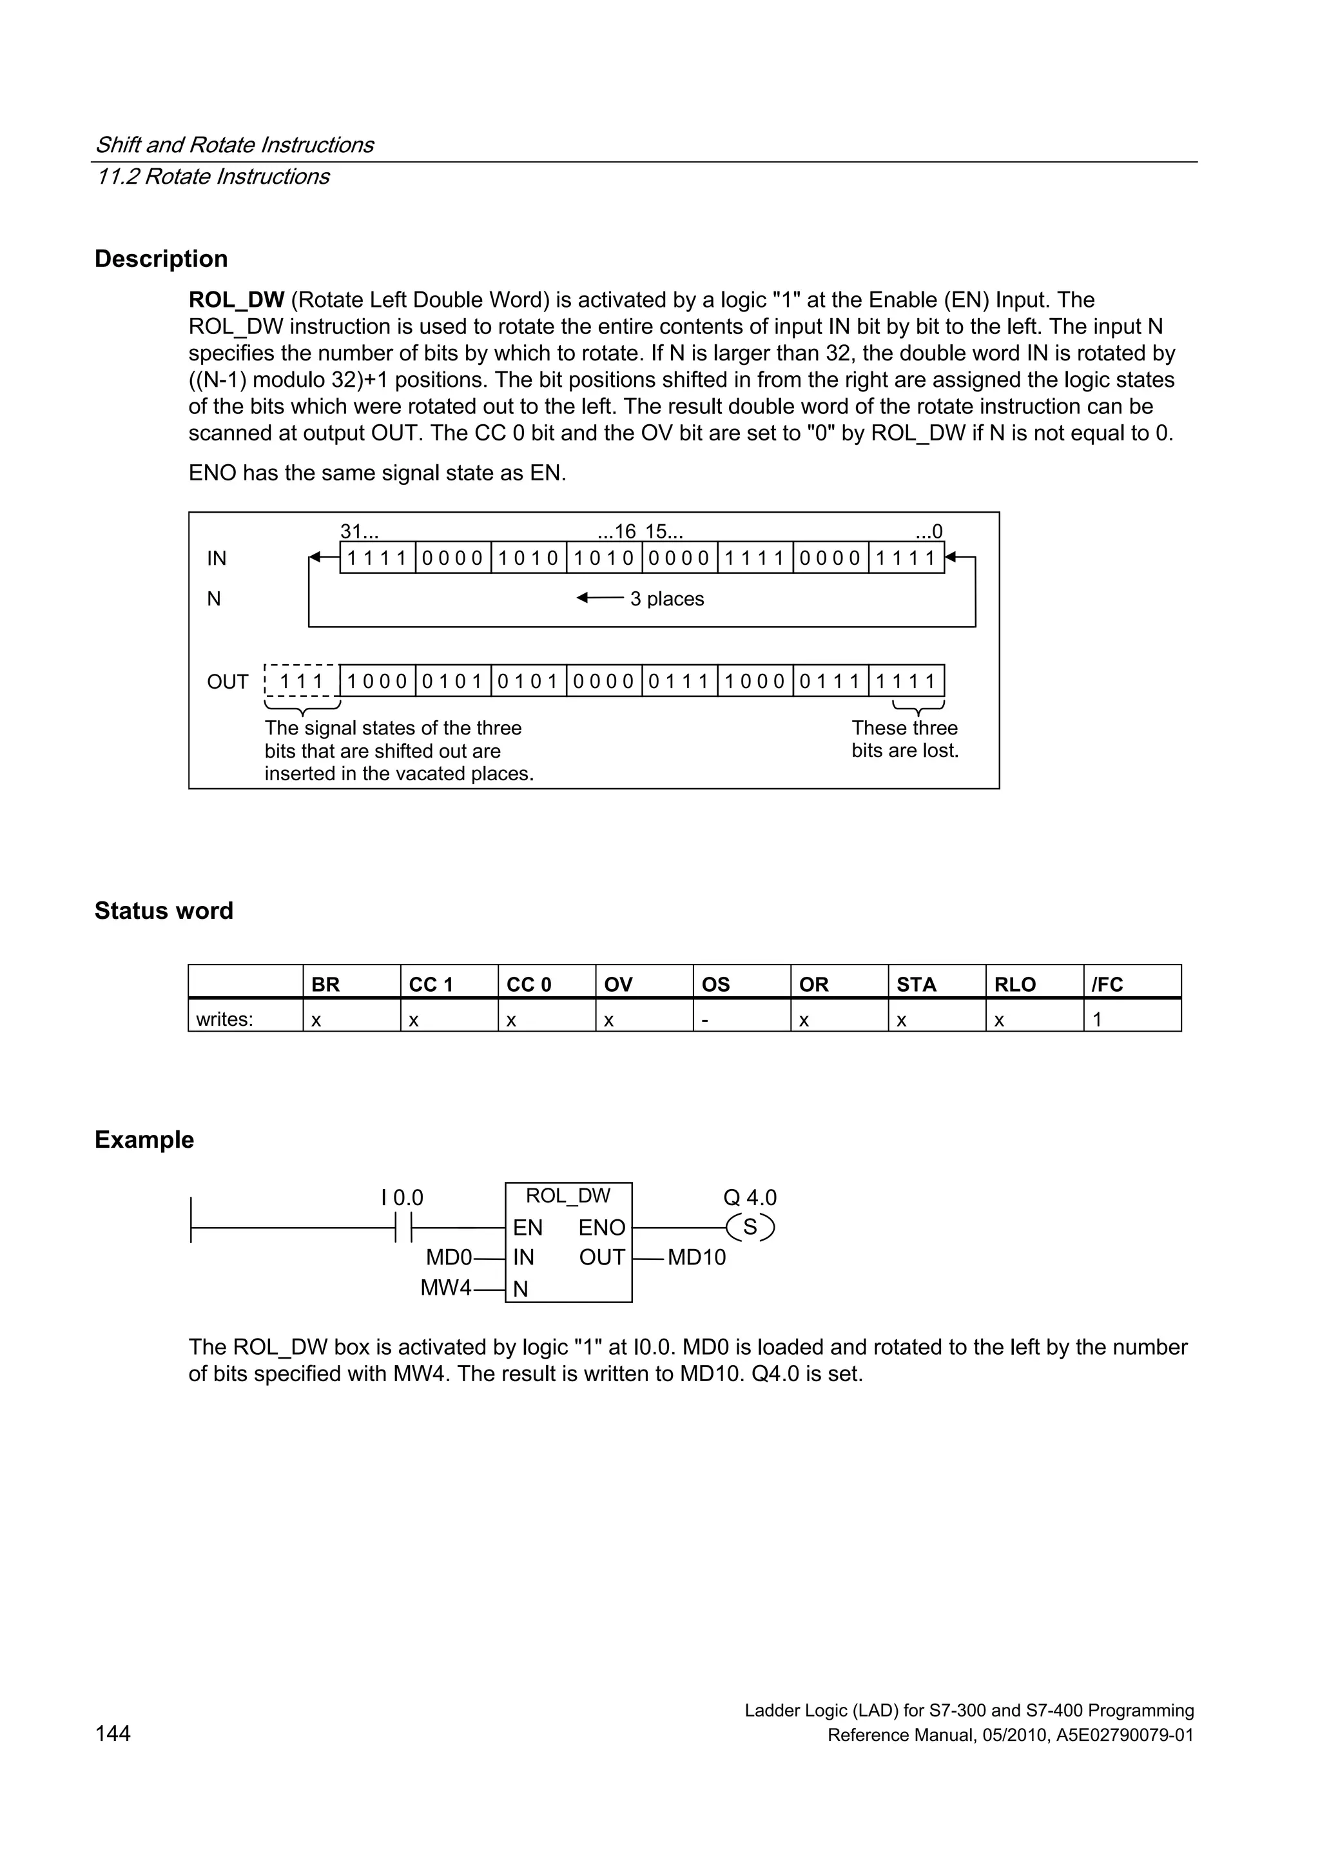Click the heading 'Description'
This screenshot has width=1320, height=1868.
161,259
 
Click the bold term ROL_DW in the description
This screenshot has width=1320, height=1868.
236,300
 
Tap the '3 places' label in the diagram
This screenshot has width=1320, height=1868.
666,599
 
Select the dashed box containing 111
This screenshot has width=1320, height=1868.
302,681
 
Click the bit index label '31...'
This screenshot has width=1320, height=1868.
358,532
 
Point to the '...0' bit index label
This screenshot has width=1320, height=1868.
928,532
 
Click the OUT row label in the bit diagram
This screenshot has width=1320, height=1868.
227,682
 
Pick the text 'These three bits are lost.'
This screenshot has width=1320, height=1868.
904,739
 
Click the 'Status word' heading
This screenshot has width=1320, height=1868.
164,910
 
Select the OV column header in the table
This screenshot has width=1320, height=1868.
618,985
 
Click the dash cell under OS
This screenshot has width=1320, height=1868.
706,1019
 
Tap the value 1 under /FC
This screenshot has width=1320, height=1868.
1097,1019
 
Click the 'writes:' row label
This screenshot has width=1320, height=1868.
224,1019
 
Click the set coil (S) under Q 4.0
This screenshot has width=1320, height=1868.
750,1228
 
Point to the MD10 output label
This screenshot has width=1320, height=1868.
696,1258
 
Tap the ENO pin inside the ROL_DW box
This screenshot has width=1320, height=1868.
602,1228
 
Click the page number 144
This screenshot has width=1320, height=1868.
113,1734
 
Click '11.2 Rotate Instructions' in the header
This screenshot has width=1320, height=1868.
213,177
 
